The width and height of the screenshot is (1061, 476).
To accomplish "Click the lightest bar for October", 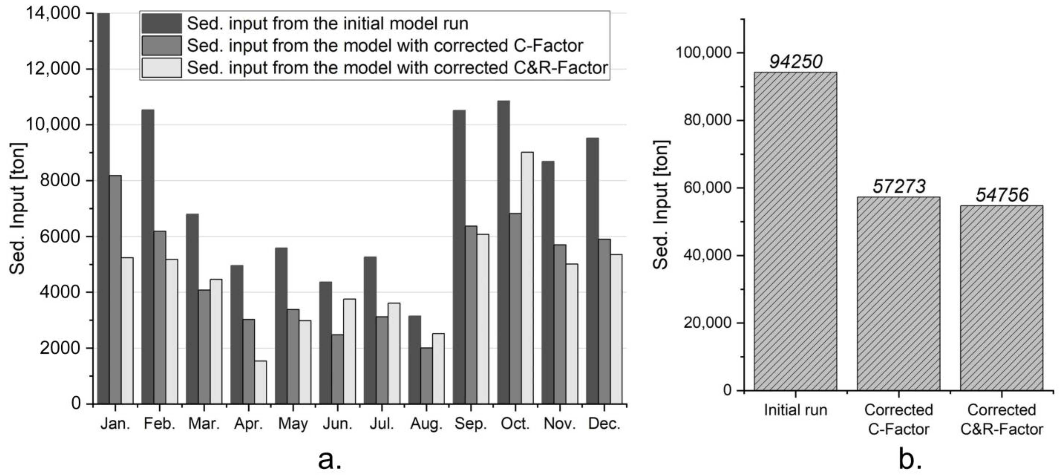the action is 527,278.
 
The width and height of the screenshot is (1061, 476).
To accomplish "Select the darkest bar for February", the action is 148,256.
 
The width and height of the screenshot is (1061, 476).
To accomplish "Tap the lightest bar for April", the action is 260,383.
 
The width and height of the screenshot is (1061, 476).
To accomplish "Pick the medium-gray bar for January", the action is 115,290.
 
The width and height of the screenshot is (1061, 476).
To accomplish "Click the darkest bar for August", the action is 415,360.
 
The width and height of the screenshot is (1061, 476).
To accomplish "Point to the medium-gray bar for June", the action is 337,369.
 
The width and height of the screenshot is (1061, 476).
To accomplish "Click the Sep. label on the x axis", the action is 470,424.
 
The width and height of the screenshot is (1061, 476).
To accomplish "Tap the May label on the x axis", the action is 293,424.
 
